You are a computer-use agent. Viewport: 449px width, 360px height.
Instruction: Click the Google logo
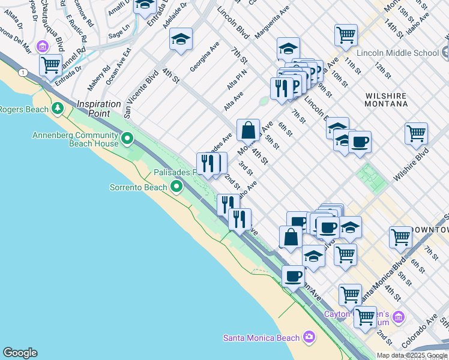tap(20, 353)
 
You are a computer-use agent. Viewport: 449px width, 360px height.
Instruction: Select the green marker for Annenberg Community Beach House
tap(127, 139)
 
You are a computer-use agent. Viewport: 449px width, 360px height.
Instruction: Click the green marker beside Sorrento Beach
tap(176, 188)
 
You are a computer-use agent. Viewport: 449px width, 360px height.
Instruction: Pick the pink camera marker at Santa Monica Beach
tap(309, 337)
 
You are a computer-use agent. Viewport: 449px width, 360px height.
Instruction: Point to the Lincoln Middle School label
tap(397, 53)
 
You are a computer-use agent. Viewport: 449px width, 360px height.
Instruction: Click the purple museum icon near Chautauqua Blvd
tap(41, 46)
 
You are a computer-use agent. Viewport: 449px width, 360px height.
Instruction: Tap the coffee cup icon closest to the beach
tap(293, 276)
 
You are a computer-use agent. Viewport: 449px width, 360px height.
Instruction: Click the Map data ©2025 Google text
tap(412, 355)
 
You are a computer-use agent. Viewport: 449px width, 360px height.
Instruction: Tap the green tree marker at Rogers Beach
tap(58, 109)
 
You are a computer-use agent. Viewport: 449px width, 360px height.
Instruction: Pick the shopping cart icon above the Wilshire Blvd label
tap(416, 133)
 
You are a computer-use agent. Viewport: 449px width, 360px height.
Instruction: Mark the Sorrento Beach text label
tap(138, 188)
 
